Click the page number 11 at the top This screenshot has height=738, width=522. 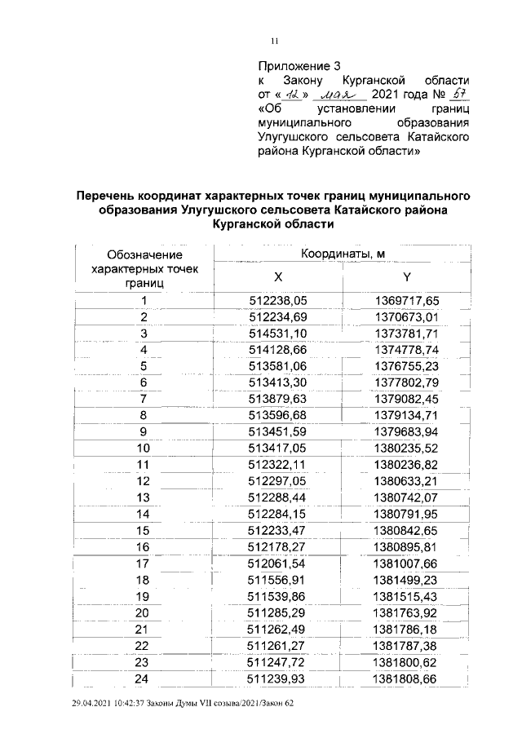tap(275, 42)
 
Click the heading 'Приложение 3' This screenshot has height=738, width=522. tap(298, 65)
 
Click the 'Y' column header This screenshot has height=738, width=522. tap(406, 276)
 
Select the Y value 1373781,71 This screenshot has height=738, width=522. tap(406, 333)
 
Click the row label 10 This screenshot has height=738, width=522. tap(144, 448)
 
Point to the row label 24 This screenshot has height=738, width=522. tap(144, 678)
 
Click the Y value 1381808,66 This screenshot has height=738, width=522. tap(406, 678)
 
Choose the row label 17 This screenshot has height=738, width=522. tap(144, 563)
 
